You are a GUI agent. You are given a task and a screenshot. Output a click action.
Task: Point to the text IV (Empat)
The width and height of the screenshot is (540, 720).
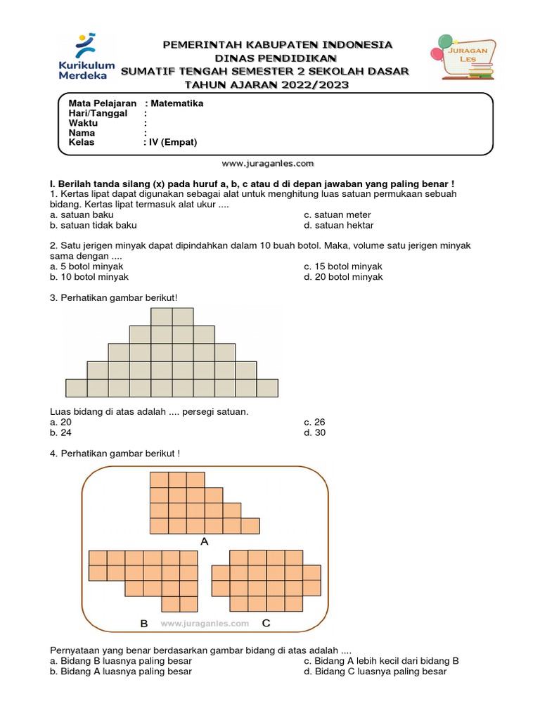click(x=172, y=142)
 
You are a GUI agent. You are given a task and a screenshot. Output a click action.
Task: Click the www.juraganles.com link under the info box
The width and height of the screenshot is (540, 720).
click(x=268, y=163)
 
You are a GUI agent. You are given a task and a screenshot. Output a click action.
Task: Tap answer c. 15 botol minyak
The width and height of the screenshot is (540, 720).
click(x=342, y=266)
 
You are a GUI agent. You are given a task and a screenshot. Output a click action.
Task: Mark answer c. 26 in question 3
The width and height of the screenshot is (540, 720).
click(x=314, y=422)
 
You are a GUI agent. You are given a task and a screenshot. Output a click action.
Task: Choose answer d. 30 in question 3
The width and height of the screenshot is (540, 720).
click(x=314, y=432)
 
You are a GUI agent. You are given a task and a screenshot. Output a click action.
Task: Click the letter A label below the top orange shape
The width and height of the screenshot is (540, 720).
click(x=205, y=541)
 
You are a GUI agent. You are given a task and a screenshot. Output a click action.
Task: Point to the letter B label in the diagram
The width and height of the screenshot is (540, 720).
click(x=143, y=624)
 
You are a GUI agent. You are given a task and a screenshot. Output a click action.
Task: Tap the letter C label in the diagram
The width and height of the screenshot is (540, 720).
click(x=266, y=623)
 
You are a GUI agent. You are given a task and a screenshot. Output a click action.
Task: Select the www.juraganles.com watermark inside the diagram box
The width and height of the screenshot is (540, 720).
click(x=205, y=624)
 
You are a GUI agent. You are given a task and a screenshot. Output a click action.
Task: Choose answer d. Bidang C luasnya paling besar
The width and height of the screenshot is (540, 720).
click(x=375, y=671)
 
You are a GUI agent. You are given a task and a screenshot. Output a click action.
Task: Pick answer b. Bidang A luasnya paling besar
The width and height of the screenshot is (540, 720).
click(x=121, y=671)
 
